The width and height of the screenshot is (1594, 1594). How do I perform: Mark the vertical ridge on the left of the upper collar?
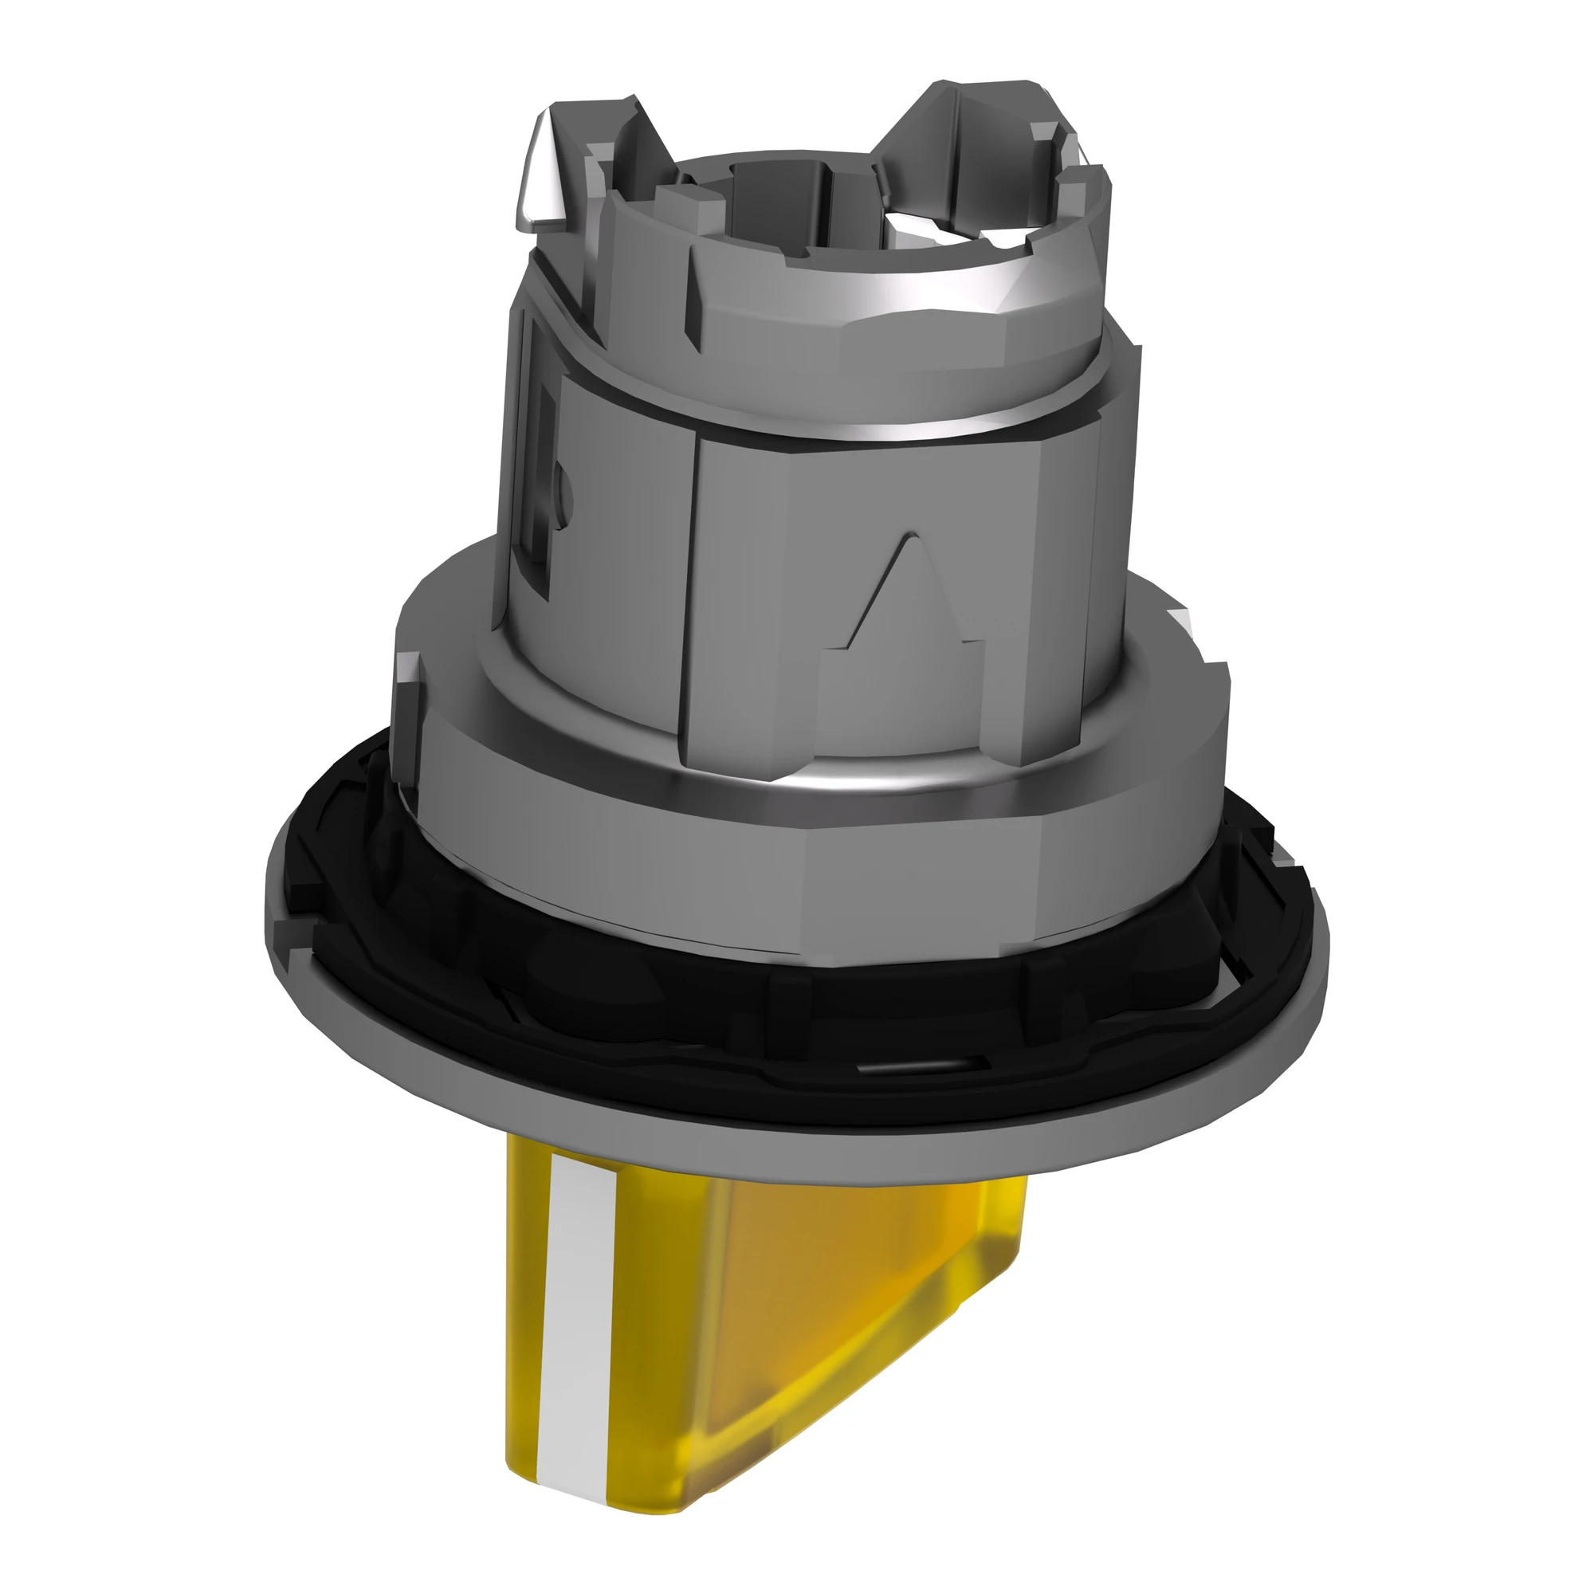click(x=693, y=305)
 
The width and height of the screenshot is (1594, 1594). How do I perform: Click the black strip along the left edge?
click(x=101, y=797)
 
